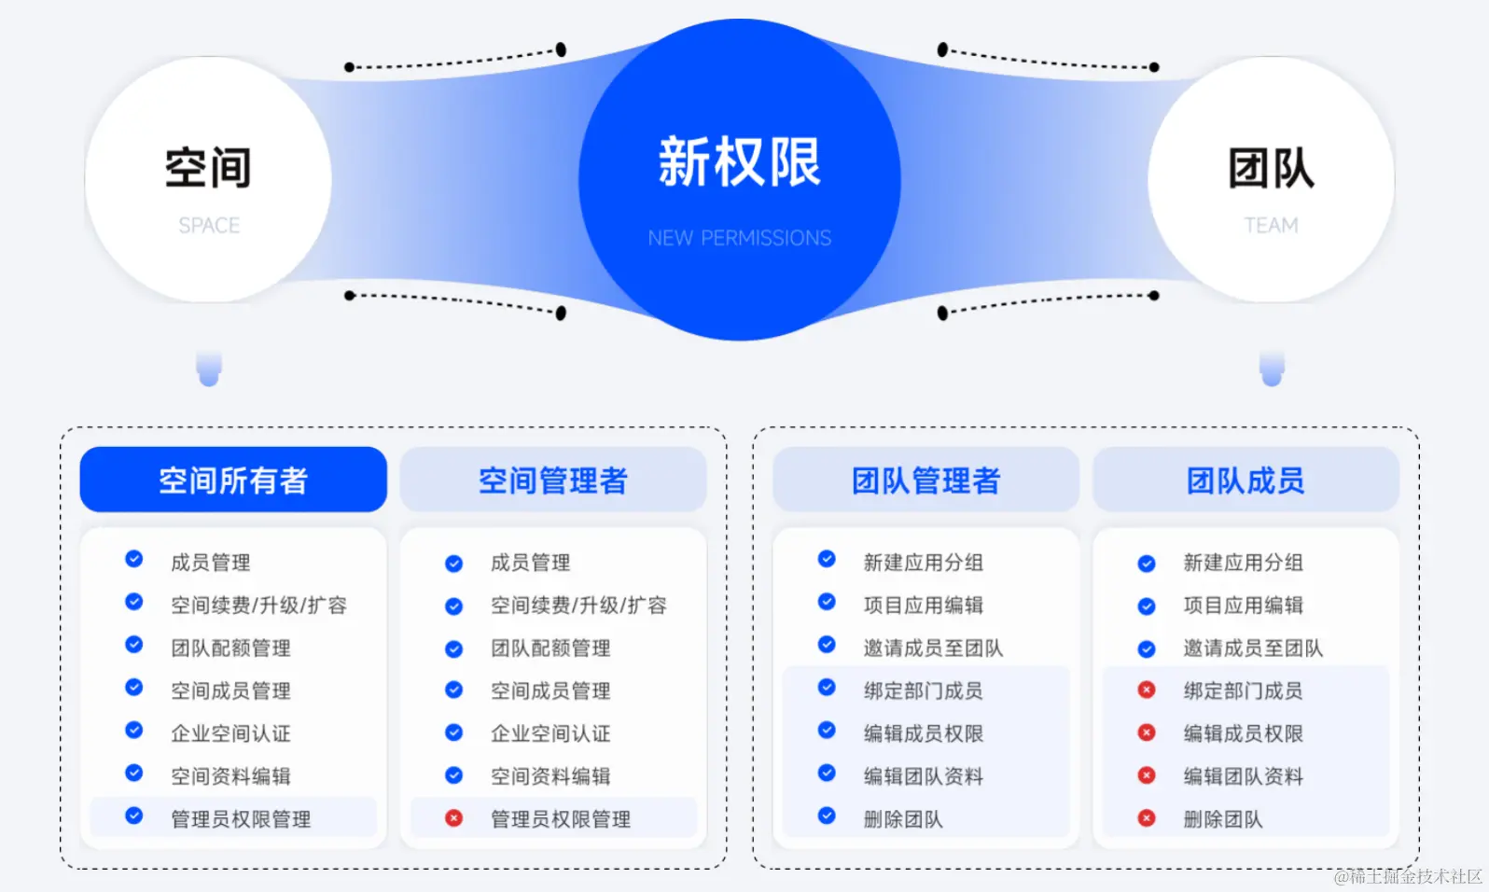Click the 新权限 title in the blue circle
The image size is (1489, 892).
(739, 161)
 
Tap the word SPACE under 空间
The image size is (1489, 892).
(209, 226)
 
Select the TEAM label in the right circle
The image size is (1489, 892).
(1271, 226)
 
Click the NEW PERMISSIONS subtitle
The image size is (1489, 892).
(739, 239)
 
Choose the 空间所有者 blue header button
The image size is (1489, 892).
(233, 481)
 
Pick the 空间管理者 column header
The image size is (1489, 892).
(553, 481)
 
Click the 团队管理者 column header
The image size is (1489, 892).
(925, 481)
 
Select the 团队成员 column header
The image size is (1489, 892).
(1245, 481)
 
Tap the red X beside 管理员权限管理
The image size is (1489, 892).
(453, 818)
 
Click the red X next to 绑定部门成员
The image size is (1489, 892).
(1147, 690)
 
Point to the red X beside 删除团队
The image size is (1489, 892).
(1147, 818)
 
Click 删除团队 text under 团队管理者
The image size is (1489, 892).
(903, 819)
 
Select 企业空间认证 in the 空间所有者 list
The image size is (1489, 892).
(230, 733)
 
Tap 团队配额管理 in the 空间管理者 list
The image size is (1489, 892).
(550, 648)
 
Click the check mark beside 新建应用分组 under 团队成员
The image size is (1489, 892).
(1147, 564)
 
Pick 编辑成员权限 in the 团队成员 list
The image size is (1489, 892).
(1243, 733)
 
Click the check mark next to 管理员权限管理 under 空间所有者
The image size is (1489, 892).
(134, 815)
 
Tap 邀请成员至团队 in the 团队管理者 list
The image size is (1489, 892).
(933, 648)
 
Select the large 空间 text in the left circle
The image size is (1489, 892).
(208, 168)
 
